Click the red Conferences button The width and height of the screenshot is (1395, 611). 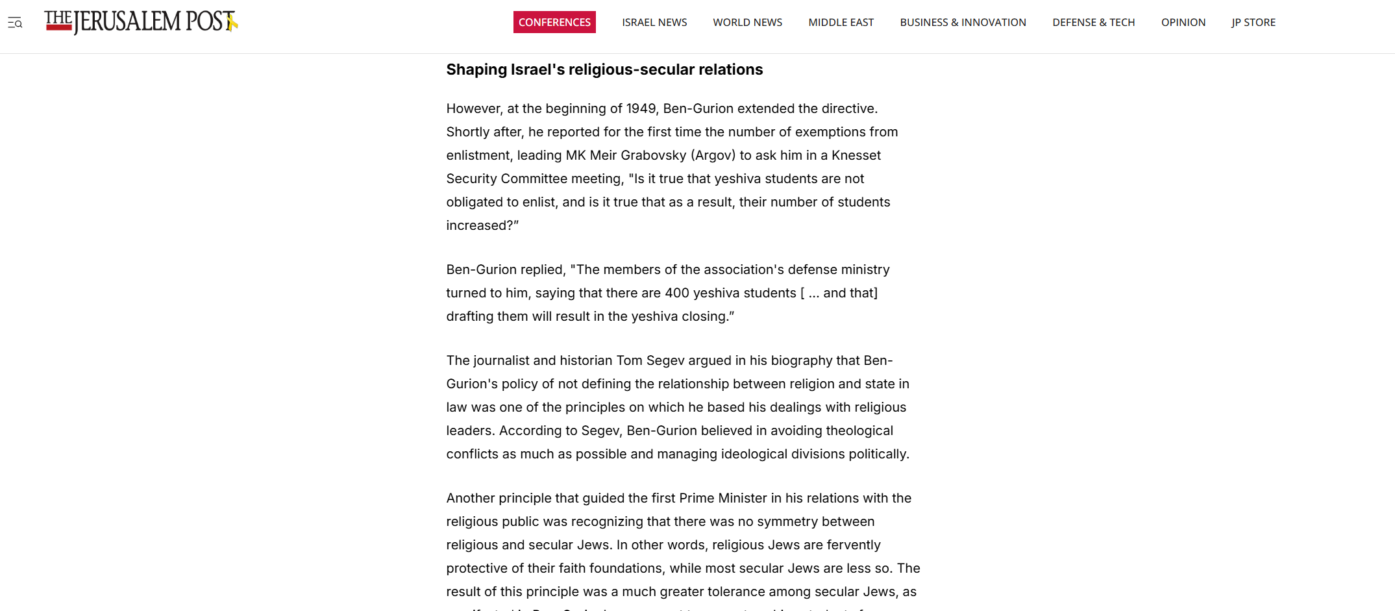(x=554, y=22)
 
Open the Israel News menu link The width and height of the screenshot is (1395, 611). (x=654, y=22)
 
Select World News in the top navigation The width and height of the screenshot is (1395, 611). (x=747, y=22)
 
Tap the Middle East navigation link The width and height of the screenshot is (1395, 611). (x=841, y=22)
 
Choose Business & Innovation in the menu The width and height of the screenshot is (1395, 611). (x=963, y=22)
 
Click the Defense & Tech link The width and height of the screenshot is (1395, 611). (x=1093, y=22)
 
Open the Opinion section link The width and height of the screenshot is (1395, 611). (x=1183, y=22)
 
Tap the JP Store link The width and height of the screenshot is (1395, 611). (x=1253, y=22)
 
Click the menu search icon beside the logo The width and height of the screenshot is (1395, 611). (x=15, y=23)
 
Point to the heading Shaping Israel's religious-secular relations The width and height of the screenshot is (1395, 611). (x=604, y=69)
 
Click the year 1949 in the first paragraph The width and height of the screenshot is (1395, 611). (x=641, y=108)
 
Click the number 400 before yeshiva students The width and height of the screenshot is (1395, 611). (x=676, y=293)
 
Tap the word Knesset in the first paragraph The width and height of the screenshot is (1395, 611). (x=856, y=155)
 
